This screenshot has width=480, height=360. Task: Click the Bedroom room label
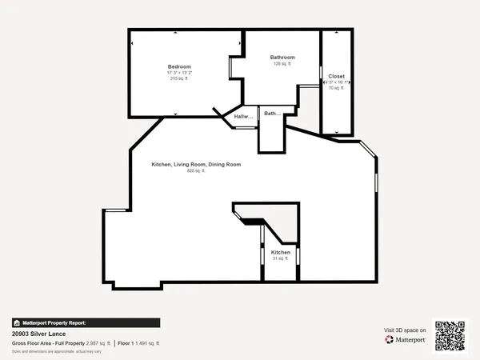pos(179,66)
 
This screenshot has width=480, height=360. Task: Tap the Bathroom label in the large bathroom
pos(282,57)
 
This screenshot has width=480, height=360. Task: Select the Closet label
pos(336,76)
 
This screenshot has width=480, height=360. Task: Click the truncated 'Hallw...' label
pos(243,118)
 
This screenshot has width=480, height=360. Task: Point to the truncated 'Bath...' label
pos(272,114)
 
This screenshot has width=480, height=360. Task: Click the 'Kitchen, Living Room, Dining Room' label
pos(196,164)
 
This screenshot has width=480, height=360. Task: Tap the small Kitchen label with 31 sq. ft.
pos(280,252)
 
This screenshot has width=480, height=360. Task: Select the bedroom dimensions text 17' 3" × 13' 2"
pos(179,72)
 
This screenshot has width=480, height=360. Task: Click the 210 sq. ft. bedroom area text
pos(179,78)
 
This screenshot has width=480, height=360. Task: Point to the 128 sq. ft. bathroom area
pos(282,63)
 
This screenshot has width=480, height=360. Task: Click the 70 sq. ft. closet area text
pos(336,88)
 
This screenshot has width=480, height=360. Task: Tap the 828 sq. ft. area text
pos(196,170)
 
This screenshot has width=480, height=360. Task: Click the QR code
pos(450,334)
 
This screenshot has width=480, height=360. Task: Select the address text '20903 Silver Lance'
pos(39,333)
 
